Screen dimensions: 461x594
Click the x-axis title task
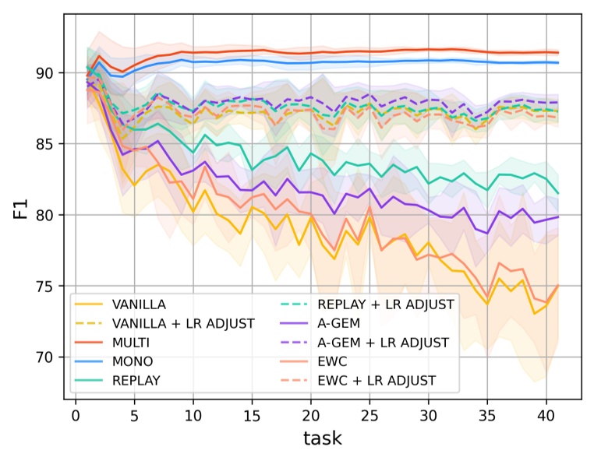[322, 438]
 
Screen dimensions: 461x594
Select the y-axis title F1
[21, 210]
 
